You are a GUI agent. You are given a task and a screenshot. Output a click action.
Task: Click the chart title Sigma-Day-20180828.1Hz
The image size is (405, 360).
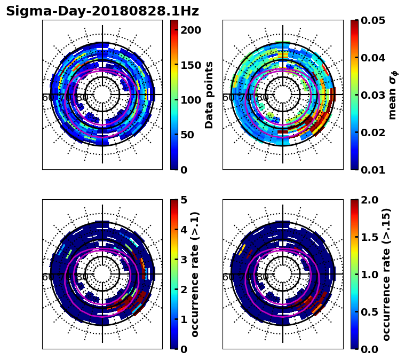tap(102, 11)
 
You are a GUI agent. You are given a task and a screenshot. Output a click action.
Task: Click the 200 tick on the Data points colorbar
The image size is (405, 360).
tap(190, 30)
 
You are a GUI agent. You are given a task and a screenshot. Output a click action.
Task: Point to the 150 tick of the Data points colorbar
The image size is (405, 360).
tap(190, 65)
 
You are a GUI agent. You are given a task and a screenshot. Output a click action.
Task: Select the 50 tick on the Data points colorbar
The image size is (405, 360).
tap(190, 135)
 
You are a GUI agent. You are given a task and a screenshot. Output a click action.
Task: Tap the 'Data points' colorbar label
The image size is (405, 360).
tap(209, 95)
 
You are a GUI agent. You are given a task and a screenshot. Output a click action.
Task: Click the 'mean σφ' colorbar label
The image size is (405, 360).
tap(393, 95)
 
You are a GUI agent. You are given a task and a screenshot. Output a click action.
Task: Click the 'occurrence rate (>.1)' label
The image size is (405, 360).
tap(195, 274)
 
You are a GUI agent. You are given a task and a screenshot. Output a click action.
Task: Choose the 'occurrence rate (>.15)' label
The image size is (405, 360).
tap(386, 274)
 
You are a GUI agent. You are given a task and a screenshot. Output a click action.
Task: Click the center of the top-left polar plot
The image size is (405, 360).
tap(102, 95)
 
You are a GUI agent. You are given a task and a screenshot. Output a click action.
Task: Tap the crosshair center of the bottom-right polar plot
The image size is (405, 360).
tap(283, 274)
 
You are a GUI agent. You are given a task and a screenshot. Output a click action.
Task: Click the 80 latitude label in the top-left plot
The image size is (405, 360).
tap(83, 98)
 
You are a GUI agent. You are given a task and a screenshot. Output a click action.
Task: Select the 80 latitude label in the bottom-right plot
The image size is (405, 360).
tap(263, 277)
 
